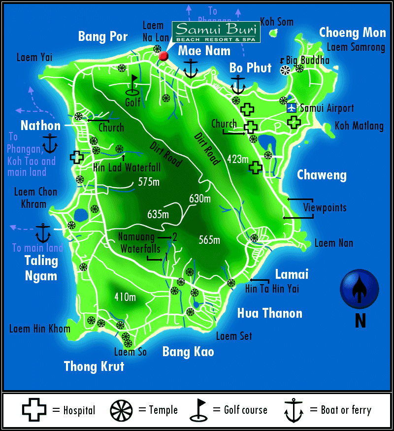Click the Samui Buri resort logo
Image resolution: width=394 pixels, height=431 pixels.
[216, 32]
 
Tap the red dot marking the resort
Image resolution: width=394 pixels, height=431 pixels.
[164, 56]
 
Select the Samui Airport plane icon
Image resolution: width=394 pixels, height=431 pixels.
[292, 107]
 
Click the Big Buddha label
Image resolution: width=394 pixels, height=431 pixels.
[307, 61]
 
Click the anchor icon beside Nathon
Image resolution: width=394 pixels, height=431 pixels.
[50, 143]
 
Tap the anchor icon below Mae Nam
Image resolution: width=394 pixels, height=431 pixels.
[191, 68]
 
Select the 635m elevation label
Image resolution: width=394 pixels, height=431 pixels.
[158, 214]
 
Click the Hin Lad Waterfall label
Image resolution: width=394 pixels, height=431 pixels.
[127, 167]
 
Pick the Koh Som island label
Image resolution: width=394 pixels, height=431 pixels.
[277, 22]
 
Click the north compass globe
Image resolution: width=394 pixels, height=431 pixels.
[360, 289]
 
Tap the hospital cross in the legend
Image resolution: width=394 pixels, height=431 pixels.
[34, 409]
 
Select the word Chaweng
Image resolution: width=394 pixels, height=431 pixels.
[322, 175]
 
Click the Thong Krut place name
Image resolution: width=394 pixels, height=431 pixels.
[94, 366]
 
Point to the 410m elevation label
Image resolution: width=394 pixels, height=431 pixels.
[125, 297]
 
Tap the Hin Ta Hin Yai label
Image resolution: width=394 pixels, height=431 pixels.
[272, 289]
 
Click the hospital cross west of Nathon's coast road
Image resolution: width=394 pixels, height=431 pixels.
[76, 157]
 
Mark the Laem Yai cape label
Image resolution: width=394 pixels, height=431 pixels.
[34, 57]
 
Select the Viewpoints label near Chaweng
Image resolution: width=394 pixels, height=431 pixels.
[325, 207]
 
